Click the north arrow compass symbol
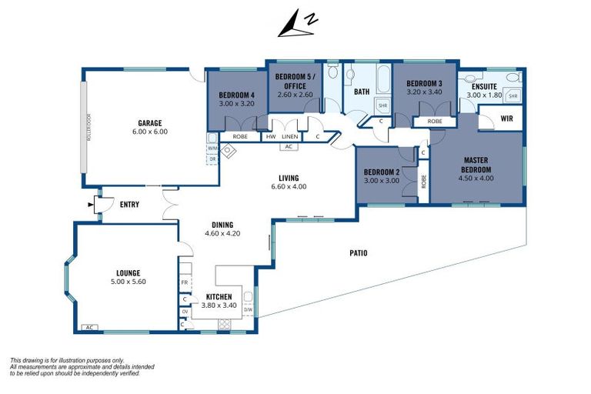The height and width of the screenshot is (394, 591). pyautogui.click(x=295, y=24)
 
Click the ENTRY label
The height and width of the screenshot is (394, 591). pyautogui.click(x=129, y=204)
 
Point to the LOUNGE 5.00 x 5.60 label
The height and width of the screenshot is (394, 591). pyautogui.click(x=128, y=277)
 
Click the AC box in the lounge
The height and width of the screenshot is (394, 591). pyautogui.click(x=88, y=327)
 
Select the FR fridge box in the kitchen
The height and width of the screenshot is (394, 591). pyautogui.click(x=185, y=282)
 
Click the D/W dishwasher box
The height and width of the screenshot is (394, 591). pyautogui.click(x=249, y=311)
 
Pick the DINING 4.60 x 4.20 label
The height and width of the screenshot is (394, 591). pyautogui.click(x=222, y=229)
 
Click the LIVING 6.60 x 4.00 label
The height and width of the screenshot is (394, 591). pyautogui.click(x=289, y=182)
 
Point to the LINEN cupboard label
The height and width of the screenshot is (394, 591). pyautogui.click(x=289, y=137)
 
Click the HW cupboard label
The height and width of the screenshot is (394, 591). pyautogui.click(x=270, y=137)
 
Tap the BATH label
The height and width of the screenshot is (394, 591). pyautogui.click(x=361, y=92)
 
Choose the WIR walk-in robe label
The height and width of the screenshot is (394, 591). pyautogui.click(x=506, y=119)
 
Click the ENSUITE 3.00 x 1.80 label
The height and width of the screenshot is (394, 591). pyautogui.click(x=483, y=91)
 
